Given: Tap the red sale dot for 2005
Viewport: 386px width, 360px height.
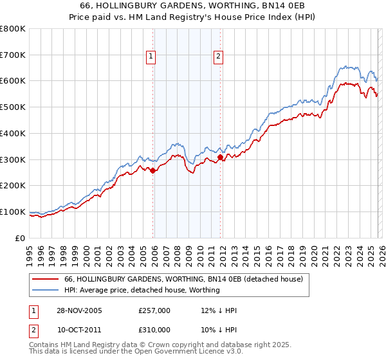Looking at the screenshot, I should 153,170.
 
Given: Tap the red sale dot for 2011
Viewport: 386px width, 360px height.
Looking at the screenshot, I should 220,157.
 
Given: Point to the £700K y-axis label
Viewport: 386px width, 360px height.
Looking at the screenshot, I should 13,55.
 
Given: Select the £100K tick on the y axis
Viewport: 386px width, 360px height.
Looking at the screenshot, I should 13,212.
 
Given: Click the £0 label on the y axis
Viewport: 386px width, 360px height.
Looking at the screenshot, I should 19,238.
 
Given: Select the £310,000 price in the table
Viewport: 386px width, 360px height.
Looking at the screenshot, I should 154,330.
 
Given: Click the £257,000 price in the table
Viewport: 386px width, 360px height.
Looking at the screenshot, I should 154,310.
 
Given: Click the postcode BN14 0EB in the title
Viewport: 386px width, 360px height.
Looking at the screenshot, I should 251,6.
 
